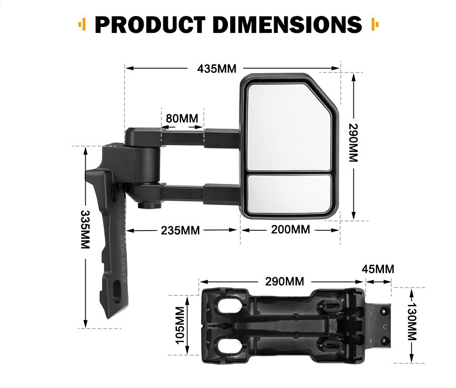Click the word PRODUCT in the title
(150, 25)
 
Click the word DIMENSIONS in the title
(287, 25)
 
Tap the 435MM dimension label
(217, 69)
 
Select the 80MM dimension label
(182, 118)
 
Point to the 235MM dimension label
(180, 231)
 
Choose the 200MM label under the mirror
(290, 230)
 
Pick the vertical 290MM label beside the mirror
(353, 143)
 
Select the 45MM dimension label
(378, 269)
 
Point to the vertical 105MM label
(180, 325)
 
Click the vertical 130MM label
(412, 322)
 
